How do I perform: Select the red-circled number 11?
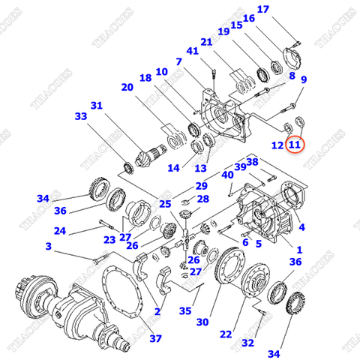click(x=295, y=144)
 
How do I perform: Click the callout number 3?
click(x=48, y=246)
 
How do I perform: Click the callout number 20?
click(x=127, y=87)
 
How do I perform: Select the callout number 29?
click(x=202, y=186)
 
